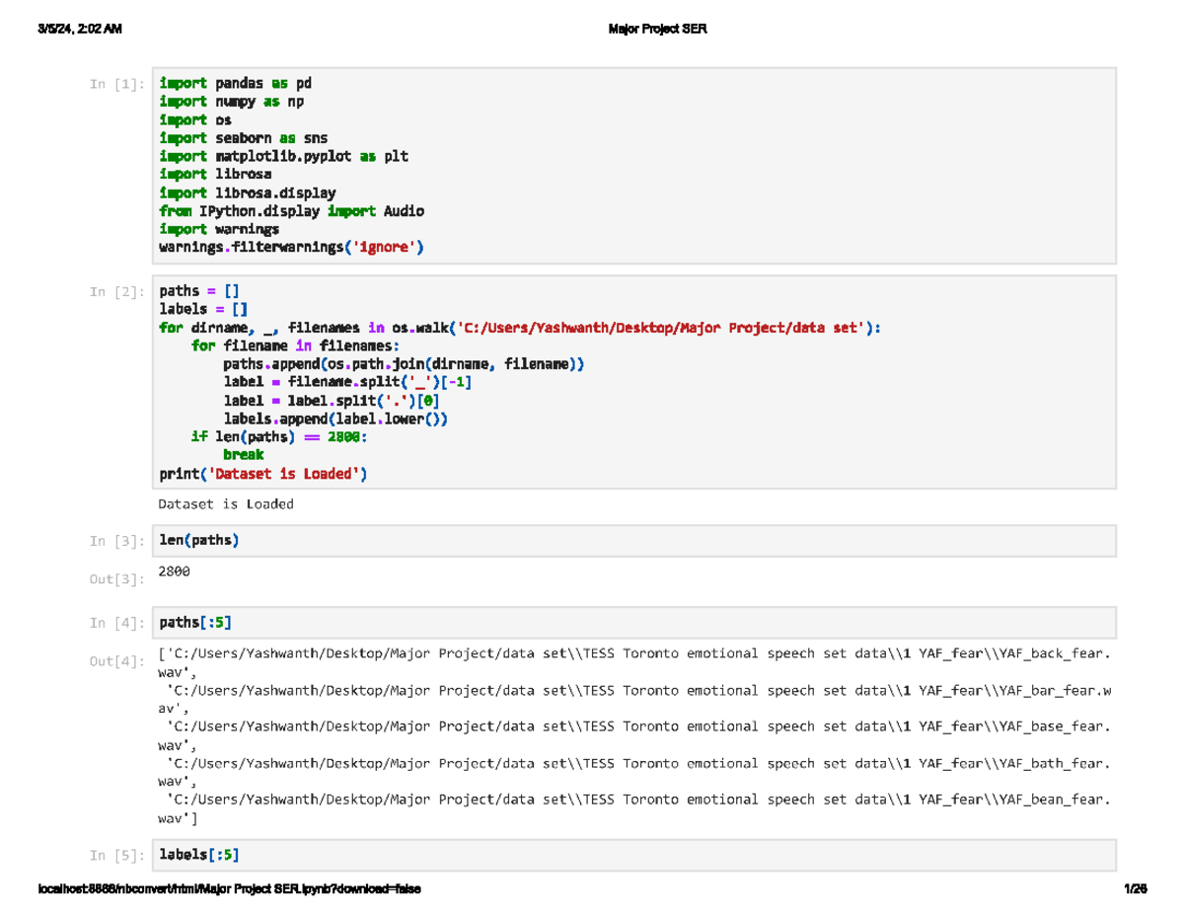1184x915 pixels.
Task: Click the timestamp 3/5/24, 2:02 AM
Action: click(x=80, y=29)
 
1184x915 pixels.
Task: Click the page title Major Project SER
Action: click(x=658, y=29)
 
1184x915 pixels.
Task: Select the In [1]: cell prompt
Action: click(x=117, y=84)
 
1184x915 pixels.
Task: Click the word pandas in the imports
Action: click(x=239, y=83)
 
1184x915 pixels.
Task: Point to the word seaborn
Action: click(x=243, y=138)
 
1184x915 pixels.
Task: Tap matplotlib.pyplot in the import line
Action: click(x=283, y=156)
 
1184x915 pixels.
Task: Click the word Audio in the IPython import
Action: click(x=404, y=211)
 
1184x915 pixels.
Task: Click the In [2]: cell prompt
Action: click(x=117, y=292)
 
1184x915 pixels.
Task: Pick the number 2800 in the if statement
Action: click(x=343, y=437)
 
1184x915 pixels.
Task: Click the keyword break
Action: click(x=244, y=455)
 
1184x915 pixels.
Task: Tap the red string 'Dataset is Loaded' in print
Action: click(x=284, y=474)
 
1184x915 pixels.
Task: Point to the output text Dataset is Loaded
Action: click(x=226, y=504)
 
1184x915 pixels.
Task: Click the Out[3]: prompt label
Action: click(x=117, y=579)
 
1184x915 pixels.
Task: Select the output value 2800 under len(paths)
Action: click(x=174, y=572)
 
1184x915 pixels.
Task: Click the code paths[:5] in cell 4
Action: click(x=195, y=623)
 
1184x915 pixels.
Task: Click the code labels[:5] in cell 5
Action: click(x=199, y=855)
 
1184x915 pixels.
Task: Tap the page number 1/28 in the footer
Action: click(x=1135, y=888)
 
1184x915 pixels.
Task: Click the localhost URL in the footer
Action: click(x=229, y=888)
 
